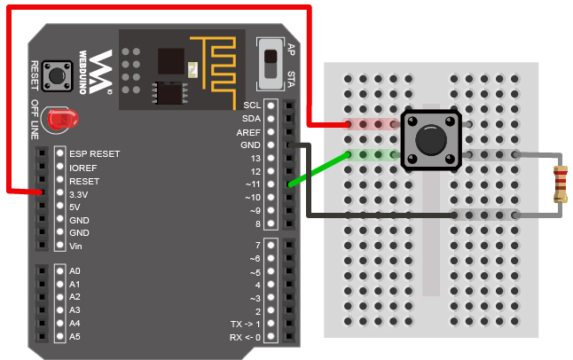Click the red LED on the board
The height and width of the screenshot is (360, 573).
(x=63, y=119)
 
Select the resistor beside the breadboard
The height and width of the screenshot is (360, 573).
(x=561, y=184)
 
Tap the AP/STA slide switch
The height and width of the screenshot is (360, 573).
(x=271, y=65)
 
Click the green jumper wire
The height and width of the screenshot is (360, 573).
(x=318, y=170)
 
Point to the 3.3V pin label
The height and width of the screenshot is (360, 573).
(x=79, y=194)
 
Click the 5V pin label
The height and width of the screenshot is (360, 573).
(x=75, y=207)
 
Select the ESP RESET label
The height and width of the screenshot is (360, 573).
(x=95, y=154)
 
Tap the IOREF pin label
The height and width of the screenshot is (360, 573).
(x=83, y=168)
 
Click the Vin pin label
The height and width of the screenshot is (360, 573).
(x=75, y=246)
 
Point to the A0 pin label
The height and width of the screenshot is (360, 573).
(x=75, y=270)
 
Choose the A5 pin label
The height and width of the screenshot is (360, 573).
(x=75, y=336)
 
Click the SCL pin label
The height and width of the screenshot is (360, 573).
(x=252, y=106)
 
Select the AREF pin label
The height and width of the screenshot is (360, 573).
(x=248, y=132)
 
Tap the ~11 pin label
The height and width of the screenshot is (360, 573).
(x=253, y=184)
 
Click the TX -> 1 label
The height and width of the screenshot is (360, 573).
(x=246, y=324)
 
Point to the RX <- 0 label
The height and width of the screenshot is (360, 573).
(x=245, y=337)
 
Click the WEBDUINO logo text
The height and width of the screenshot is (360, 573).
(x=83, y=73)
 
